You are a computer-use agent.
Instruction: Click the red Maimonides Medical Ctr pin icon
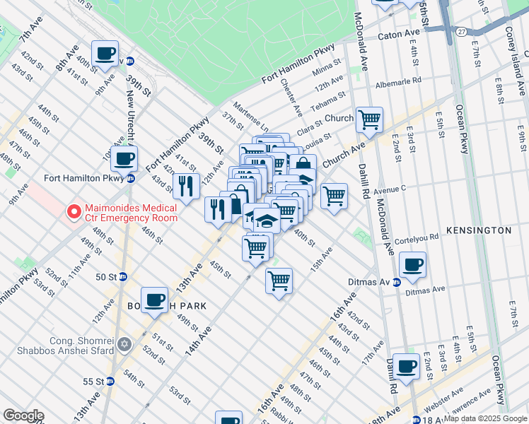pos(73,211)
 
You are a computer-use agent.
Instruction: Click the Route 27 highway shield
pos(461,32)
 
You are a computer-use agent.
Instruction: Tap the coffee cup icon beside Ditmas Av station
pos(412,266)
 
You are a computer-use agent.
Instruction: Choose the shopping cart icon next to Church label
pos(369,119)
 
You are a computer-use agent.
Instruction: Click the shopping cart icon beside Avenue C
pos(334,195)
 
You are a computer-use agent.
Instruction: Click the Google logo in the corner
pos(23,416)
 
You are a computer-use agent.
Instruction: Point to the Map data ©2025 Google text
pos(484,418)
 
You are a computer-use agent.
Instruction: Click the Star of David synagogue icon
pos(124,344)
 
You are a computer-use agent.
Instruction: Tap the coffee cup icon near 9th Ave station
pos(105,54)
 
